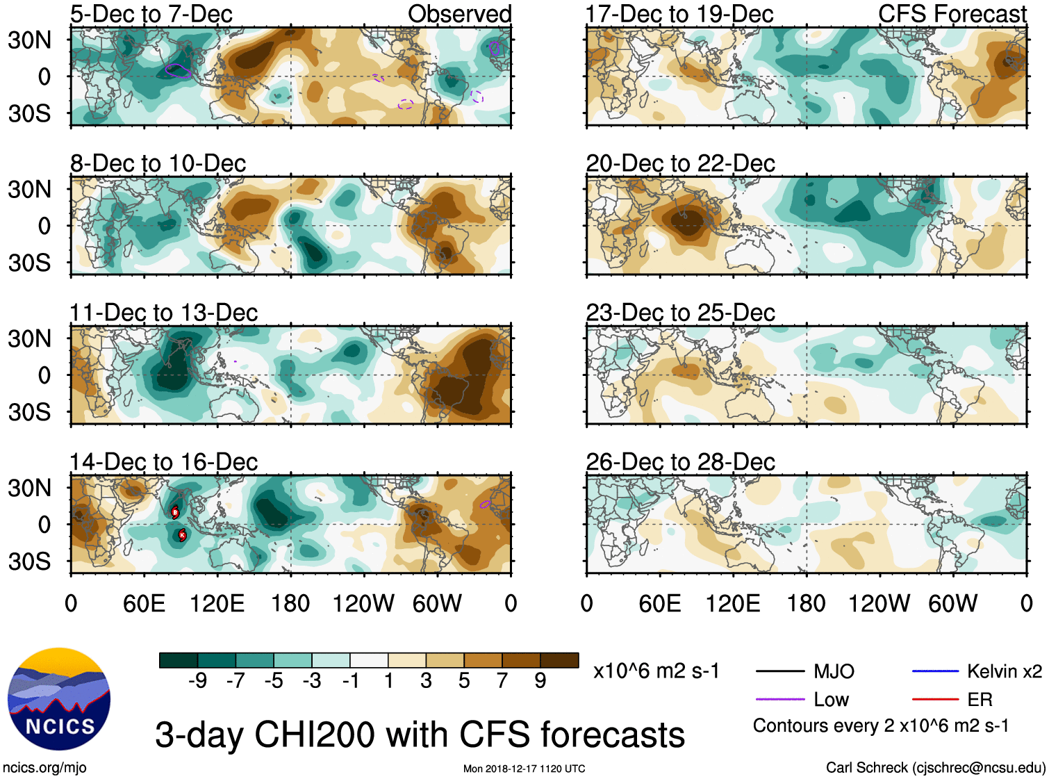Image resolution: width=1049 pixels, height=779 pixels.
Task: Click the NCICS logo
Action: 59,698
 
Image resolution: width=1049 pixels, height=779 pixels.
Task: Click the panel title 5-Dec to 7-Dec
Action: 151,14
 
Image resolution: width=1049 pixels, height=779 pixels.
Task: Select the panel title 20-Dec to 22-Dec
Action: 680,163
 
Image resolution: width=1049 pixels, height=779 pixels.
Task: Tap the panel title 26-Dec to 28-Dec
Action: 680,462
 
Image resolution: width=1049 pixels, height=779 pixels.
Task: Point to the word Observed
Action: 459,14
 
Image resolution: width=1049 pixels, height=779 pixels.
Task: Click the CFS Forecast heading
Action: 952,14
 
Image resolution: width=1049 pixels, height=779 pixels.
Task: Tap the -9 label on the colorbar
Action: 197,681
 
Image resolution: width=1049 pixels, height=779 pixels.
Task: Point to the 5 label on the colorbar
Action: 464,681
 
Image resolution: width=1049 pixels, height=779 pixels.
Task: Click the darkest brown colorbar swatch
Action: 559,660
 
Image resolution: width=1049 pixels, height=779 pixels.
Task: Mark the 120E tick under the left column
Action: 217,603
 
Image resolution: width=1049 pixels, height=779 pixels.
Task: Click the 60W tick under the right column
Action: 953,603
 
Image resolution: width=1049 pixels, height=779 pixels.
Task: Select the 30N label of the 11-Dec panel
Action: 29,339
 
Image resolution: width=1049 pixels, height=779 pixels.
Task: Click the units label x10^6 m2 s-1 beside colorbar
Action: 656,671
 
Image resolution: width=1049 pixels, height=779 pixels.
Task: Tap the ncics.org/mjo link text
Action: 44,768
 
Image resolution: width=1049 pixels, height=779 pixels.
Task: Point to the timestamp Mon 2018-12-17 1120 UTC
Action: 524,769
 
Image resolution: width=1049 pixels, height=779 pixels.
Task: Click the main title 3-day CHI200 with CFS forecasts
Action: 420,735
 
